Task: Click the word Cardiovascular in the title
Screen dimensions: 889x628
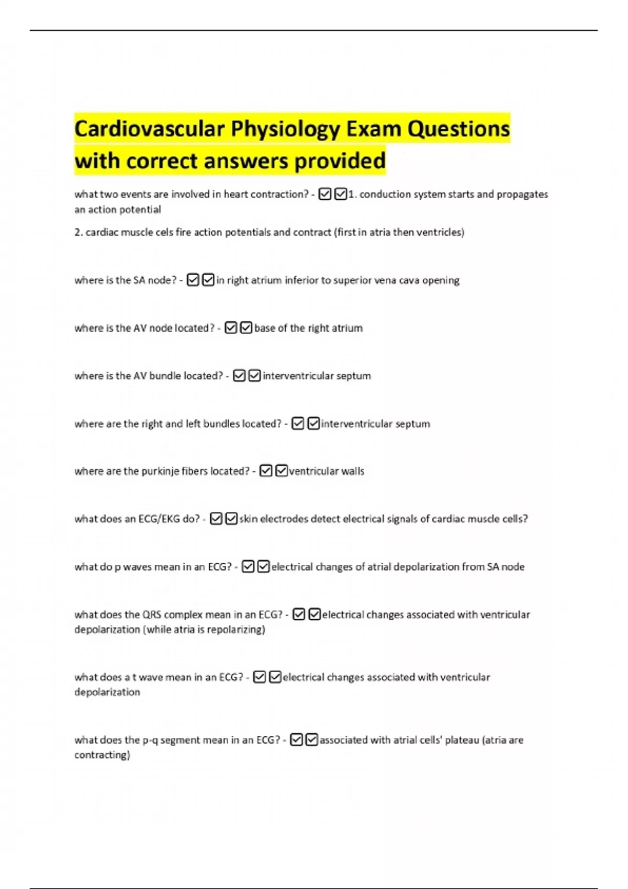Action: (x=149, y=129)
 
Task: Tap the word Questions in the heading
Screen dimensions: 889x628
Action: (x=458, y=129)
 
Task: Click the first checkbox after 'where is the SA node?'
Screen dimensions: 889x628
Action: (x=193, y=280)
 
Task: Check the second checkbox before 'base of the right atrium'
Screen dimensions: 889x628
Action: (x=246, y=328)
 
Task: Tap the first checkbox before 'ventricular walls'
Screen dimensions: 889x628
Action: (x=266, y=471)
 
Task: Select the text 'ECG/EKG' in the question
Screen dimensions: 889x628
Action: (x=159, y=519)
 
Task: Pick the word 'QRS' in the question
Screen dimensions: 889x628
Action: (x=152, y=614)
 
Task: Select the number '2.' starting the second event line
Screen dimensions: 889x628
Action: (x=78, y=232)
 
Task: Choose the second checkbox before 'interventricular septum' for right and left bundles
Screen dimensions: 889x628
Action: (x=313, y=424)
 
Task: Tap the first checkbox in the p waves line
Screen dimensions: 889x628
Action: (x=248, y=567)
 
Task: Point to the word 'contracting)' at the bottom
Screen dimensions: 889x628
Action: (x=102, y=755)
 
